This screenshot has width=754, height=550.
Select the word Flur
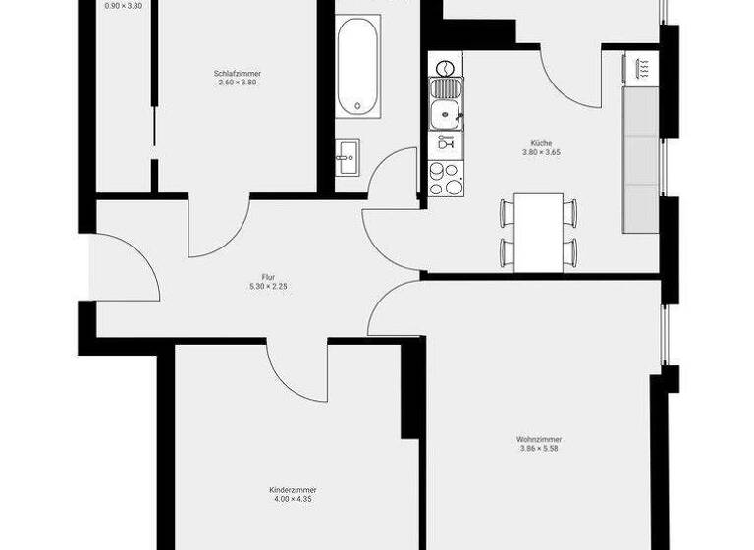[267, 276]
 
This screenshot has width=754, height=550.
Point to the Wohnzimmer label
[539, 439]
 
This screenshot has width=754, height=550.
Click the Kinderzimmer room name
[293, 489]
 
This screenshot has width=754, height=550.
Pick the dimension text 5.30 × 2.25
[267, 286]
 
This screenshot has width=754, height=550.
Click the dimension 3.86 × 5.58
[539, 449]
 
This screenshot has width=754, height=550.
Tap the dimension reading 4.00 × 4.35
[293, 499]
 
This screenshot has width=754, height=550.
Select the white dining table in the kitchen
[539, 232]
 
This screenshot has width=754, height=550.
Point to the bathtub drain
[355, 103]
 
